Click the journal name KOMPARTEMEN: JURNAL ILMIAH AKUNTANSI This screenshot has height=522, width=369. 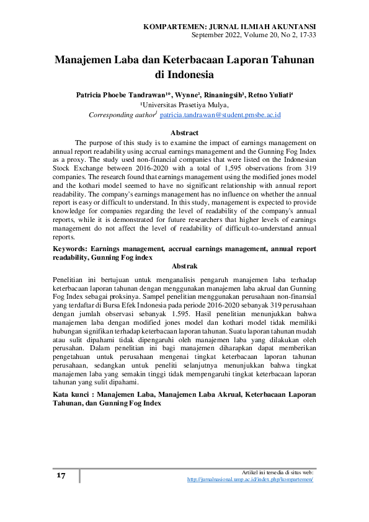(229, 27)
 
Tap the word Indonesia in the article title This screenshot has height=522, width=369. (184, 76)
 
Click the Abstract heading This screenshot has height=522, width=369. (184, 133)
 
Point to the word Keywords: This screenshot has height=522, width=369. (72, 249)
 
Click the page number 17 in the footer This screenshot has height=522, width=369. (61, 476)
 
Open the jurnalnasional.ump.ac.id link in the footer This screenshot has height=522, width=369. (250, 480)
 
